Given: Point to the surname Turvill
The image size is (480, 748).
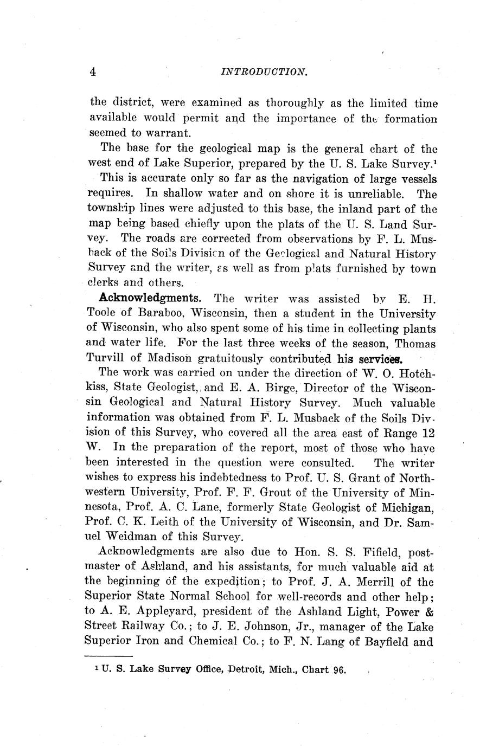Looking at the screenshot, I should click(x=108, y=358).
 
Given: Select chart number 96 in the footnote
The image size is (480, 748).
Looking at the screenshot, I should click(x=340, y=670).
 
